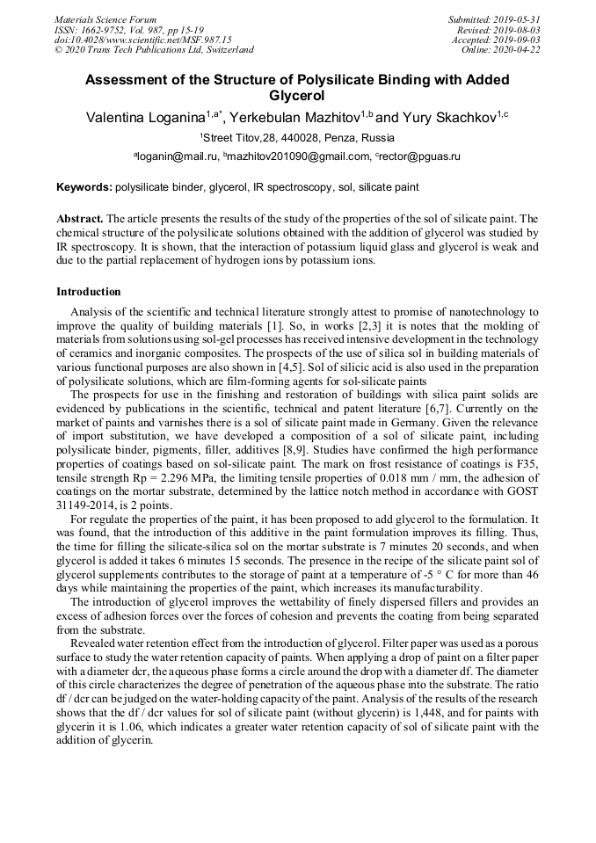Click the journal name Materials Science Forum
[105, 19]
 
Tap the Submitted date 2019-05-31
[518, 19]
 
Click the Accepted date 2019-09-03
[518, 40]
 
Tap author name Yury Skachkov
[448, 118]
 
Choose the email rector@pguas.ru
[420, 156]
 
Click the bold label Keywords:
[84, 187]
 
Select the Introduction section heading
[89, 291]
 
